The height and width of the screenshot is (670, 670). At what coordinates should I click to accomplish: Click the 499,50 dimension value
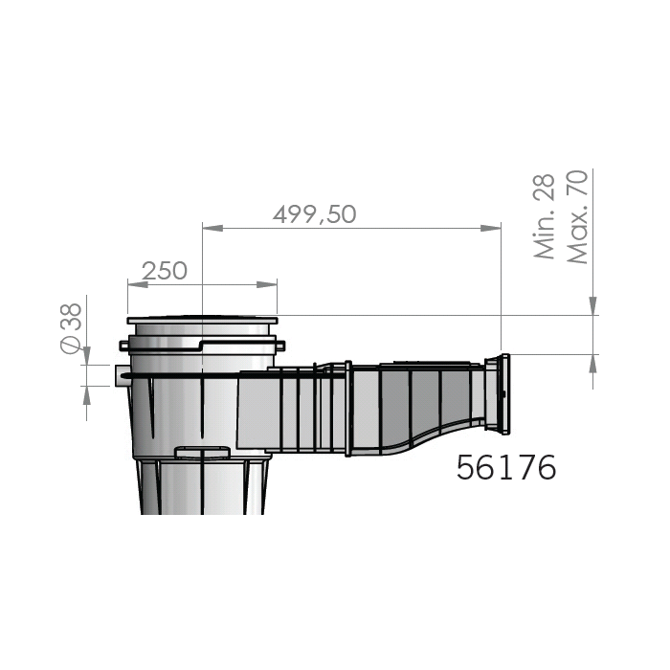(x=315, y=214)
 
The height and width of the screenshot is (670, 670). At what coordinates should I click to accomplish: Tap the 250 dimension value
(x=164, y=271)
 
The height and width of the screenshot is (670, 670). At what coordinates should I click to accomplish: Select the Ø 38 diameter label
(x=72, y=328)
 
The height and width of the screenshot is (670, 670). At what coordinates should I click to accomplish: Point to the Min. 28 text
(x=545, y=216)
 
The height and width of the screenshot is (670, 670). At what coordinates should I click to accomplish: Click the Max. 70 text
(x=577, y=216)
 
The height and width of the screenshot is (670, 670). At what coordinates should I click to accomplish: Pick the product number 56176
(x=506, y=467)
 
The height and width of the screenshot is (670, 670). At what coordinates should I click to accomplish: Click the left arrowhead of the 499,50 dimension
(x=212, y=228)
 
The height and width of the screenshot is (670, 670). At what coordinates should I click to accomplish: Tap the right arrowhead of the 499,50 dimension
(x=490, y=228)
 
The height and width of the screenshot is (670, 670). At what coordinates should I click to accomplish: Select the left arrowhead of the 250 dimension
(x=138, y=284)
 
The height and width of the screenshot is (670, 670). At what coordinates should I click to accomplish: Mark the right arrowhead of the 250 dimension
(x=267, y=284)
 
